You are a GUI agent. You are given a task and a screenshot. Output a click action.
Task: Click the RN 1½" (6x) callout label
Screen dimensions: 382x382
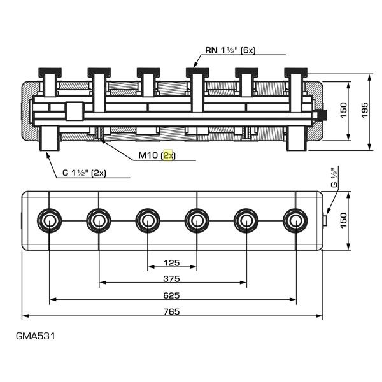click(230, 50)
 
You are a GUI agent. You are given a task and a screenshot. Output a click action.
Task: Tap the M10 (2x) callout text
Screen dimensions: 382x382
click(157, 155)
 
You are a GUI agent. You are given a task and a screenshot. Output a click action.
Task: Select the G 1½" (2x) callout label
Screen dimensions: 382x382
click(84, 173)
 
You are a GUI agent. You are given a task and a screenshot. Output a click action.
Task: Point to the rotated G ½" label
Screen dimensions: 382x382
click(335, 177)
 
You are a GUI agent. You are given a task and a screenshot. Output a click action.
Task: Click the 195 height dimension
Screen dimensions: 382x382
click(364, 110)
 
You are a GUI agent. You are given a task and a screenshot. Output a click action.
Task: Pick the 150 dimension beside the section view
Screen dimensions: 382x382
click(343, 110)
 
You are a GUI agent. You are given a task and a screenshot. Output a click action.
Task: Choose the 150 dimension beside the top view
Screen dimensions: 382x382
click(343, 220)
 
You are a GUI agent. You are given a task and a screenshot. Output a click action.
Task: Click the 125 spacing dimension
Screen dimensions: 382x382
click(172, 263)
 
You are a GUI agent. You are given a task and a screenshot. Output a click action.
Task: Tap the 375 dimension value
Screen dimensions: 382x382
click(172, 278)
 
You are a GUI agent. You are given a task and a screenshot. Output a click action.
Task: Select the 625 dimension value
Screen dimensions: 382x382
click(172, 295)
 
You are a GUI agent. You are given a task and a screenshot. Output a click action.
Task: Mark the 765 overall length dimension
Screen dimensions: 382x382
click(172, 311)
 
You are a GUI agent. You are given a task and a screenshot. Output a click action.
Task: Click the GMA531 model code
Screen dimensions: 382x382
click(36, 336)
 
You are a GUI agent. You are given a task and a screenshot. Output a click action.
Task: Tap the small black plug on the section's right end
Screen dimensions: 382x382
click(323, 115)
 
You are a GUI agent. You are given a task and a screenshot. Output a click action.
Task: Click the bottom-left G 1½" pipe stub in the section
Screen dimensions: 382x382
click(49, 138)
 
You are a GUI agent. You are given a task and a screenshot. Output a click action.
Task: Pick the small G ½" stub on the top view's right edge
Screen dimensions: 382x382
click(325, 220)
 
